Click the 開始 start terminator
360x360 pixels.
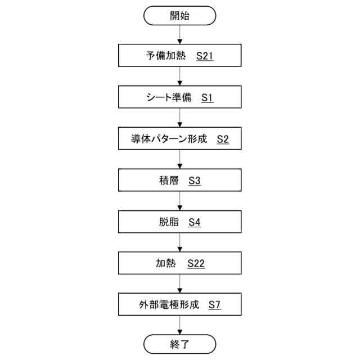pos(180,15)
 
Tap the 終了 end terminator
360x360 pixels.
pos(180,343)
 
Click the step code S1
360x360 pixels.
pos(208,98)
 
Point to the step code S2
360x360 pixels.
pos(223,139)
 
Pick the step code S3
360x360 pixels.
pos(195,181)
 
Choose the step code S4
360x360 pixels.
pos(195,222)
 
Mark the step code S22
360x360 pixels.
pos(196,263)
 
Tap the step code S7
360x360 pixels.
pos(214,305)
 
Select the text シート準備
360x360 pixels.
pos(168,98)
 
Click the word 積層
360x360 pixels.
pos(169,181)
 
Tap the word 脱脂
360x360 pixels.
pos(169,222)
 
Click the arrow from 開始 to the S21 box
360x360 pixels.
pos(180,35)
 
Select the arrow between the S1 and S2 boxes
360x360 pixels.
pos(180,118)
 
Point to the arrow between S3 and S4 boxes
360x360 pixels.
pos(180,201)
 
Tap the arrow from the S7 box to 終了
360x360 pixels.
pos(180,325)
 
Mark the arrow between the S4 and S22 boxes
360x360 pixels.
pos(180,242)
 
